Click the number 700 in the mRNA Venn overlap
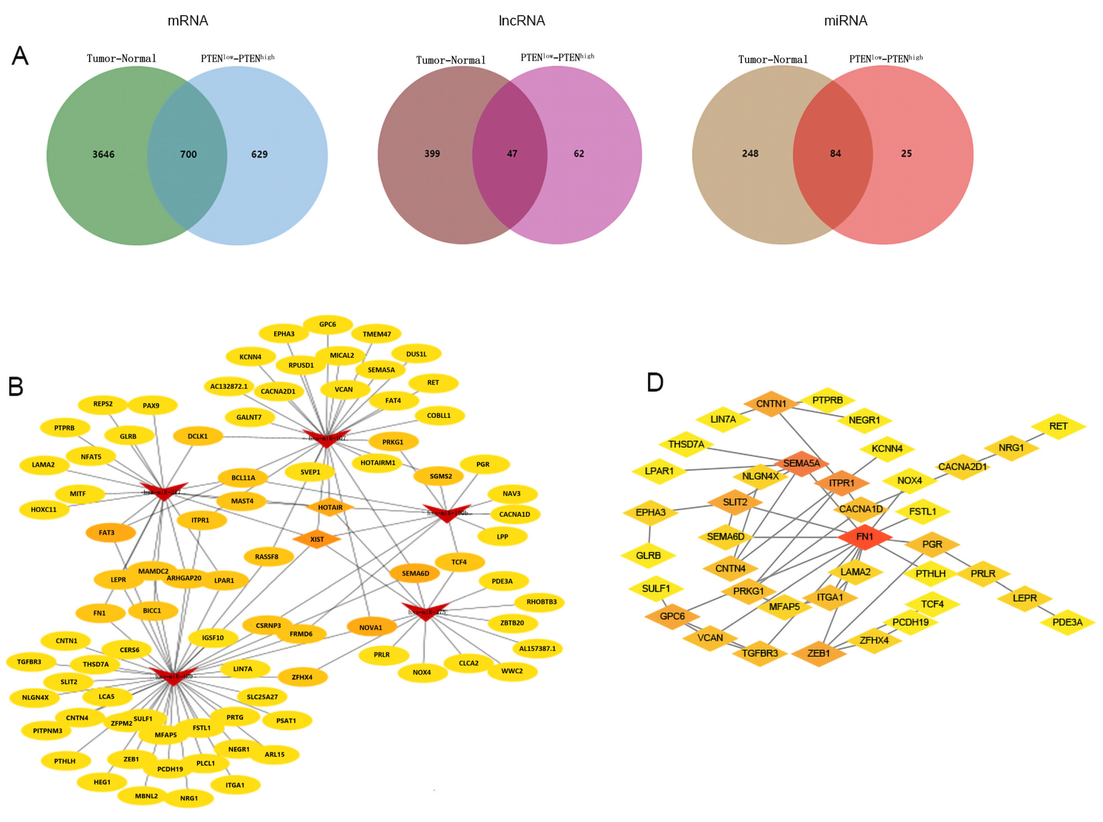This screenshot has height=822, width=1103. coord(188,154)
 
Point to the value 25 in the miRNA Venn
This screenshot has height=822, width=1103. coord(906,153)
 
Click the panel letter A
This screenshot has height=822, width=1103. coord(20,56)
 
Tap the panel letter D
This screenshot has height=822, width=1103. coord(655,382)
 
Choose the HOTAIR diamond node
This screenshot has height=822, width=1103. coord(330,507)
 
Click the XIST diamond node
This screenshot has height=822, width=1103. coord(317,539)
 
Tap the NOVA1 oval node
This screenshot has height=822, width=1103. coord(371,628)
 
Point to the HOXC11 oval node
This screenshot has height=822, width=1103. coord(44,509)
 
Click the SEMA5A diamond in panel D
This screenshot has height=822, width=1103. coord(801,463)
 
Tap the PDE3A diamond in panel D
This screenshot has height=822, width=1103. coord(1067,622)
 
